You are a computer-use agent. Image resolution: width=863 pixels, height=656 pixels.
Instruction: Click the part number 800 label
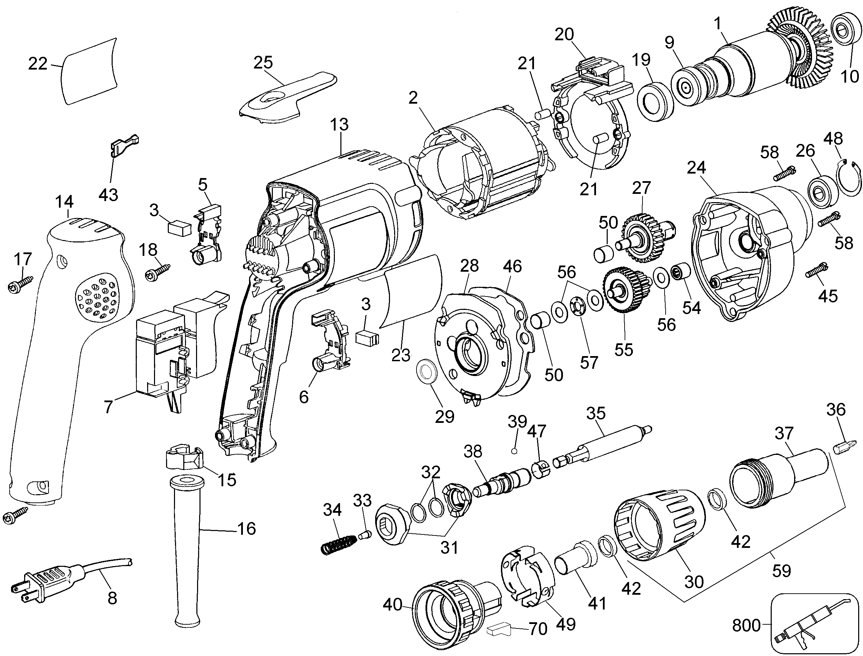(746, 626)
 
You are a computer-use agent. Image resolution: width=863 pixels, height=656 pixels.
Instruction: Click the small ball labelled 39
(514, 451)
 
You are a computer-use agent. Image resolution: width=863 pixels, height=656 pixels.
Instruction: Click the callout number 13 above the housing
(339, 125)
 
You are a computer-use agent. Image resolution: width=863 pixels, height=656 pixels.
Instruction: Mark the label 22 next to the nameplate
(38, 64)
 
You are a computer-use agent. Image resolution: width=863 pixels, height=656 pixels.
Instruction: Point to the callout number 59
(781, 571)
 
